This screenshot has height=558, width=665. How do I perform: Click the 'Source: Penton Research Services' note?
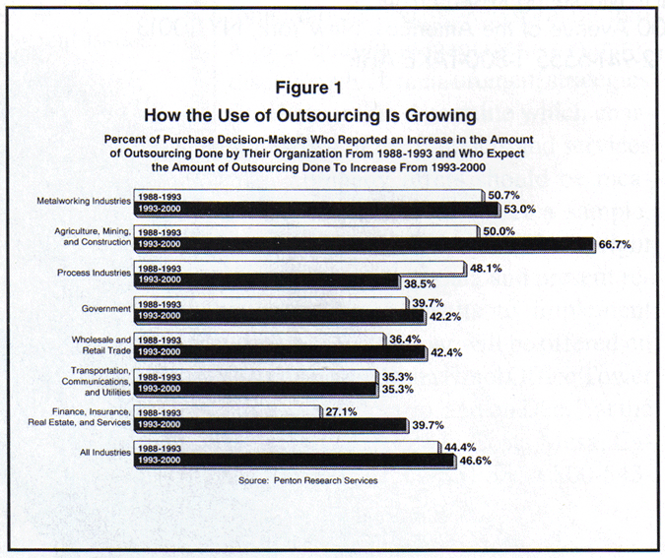point(307,480)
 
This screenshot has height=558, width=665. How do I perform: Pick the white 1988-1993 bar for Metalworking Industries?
point(305,195)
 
